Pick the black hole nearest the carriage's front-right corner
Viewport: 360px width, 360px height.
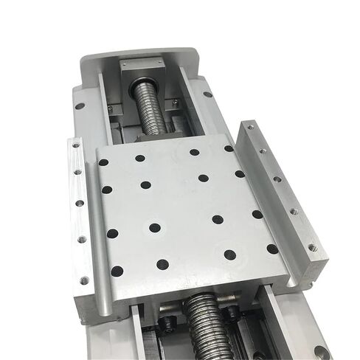click(x=272, y=249)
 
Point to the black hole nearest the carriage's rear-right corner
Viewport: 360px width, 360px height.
click(x=229, y=148)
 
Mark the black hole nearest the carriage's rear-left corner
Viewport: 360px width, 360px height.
click(x=104, y=162)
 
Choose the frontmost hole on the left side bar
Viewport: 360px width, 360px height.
click(x=84, y=280)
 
